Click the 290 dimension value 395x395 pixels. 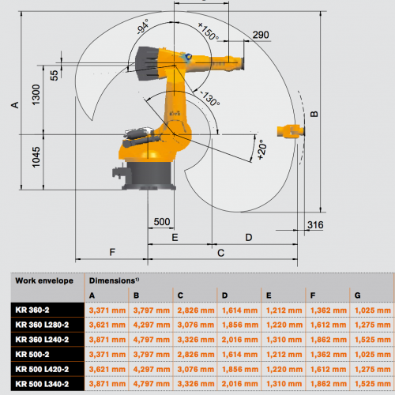click(x=261, y=35)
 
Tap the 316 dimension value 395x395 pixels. click(x=315, y=225)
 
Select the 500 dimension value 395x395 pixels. click(x=162, y=222)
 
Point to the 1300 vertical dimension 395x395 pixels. click(x=36, y=95)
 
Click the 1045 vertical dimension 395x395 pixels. click(x=36, y=157)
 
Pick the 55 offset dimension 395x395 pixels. click(x=55, y=75)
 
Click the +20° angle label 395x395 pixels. click(x=261, y=150)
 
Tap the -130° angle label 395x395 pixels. click(x=210, y=98)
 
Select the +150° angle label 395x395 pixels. click(x=209, y=32)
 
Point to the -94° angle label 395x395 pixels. click(x=143, y=26)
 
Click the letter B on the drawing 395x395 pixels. click(x=314, y=114)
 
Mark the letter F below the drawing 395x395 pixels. click(x=112, y=252)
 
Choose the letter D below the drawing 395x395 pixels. click(x=249, y=237)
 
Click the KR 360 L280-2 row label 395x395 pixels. click(x=42, y=325)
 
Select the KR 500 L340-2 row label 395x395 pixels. click(x=42, y=384)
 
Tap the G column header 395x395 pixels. click(x=357, y=295)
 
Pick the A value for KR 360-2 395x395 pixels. click(x=107, y=310)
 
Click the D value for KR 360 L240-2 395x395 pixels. click(x=240, y=340)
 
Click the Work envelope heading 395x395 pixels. click(x=44, y=280)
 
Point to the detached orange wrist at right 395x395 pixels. click(x=291, y=130)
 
